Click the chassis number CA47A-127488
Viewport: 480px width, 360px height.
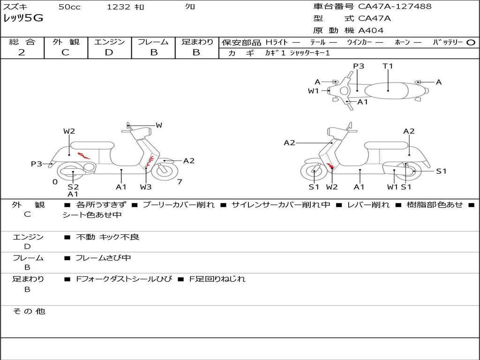(395, 6)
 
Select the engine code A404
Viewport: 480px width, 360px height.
(371, 30)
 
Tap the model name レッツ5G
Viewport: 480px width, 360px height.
(23, 18)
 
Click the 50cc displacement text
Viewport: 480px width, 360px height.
(69, 7)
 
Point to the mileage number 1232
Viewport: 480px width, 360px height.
(119, 7)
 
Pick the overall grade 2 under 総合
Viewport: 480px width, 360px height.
(22, 52)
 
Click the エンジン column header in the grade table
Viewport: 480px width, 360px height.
(109, 42)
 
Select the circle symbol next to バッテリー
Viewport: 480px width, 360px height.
(471, 43)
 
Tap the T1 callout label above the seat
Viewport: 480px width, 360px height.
(388, 66)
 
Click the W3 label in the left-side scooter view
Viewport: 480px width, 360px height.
(146, 187)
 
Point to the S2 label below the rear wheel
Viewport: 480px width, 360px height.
(73, 187)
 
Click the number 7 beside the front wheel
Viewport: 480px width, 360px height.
(180, 182)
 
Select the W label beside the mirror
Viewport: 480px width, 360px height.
(159, 125)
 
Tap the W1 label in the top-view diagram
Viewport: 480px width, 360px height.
(314, 90)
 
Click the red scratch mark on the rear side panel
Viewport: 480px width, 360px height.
(83, 156)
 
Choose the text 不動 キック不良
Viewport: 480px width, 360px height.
(107, 237)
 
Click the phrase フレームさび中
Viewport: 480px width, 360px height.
(103, 258)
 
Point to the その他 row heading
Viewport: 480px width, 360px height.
(29, 311)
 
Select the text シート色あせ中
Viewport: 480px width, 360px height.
(92, 215)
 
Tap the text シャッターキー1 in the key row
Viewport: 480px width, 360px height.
(310, 53)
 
